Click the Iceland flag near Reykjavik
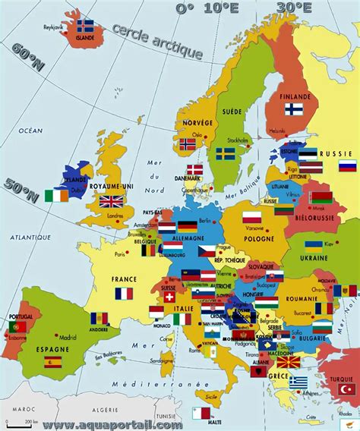coord(86,25)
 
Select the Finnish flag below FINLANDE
coord(295,109)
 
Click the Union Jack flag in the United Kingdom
coord(112,201)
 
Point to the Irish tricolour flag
coord(55,196)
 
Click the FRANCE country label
coord(124,278)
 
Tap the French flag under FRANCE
coord(124,293)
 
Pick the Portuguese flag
coord(17,326)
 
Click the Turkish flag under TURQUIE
coord(346,389)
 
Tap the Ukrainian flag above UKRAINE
coord(313,246)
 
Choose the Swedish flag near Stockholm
coord(225,154)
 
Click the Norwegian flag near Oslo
coord(188,143)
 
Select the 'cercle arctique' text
coord(157,42)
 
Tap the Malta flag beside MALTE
coord(201,413)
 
